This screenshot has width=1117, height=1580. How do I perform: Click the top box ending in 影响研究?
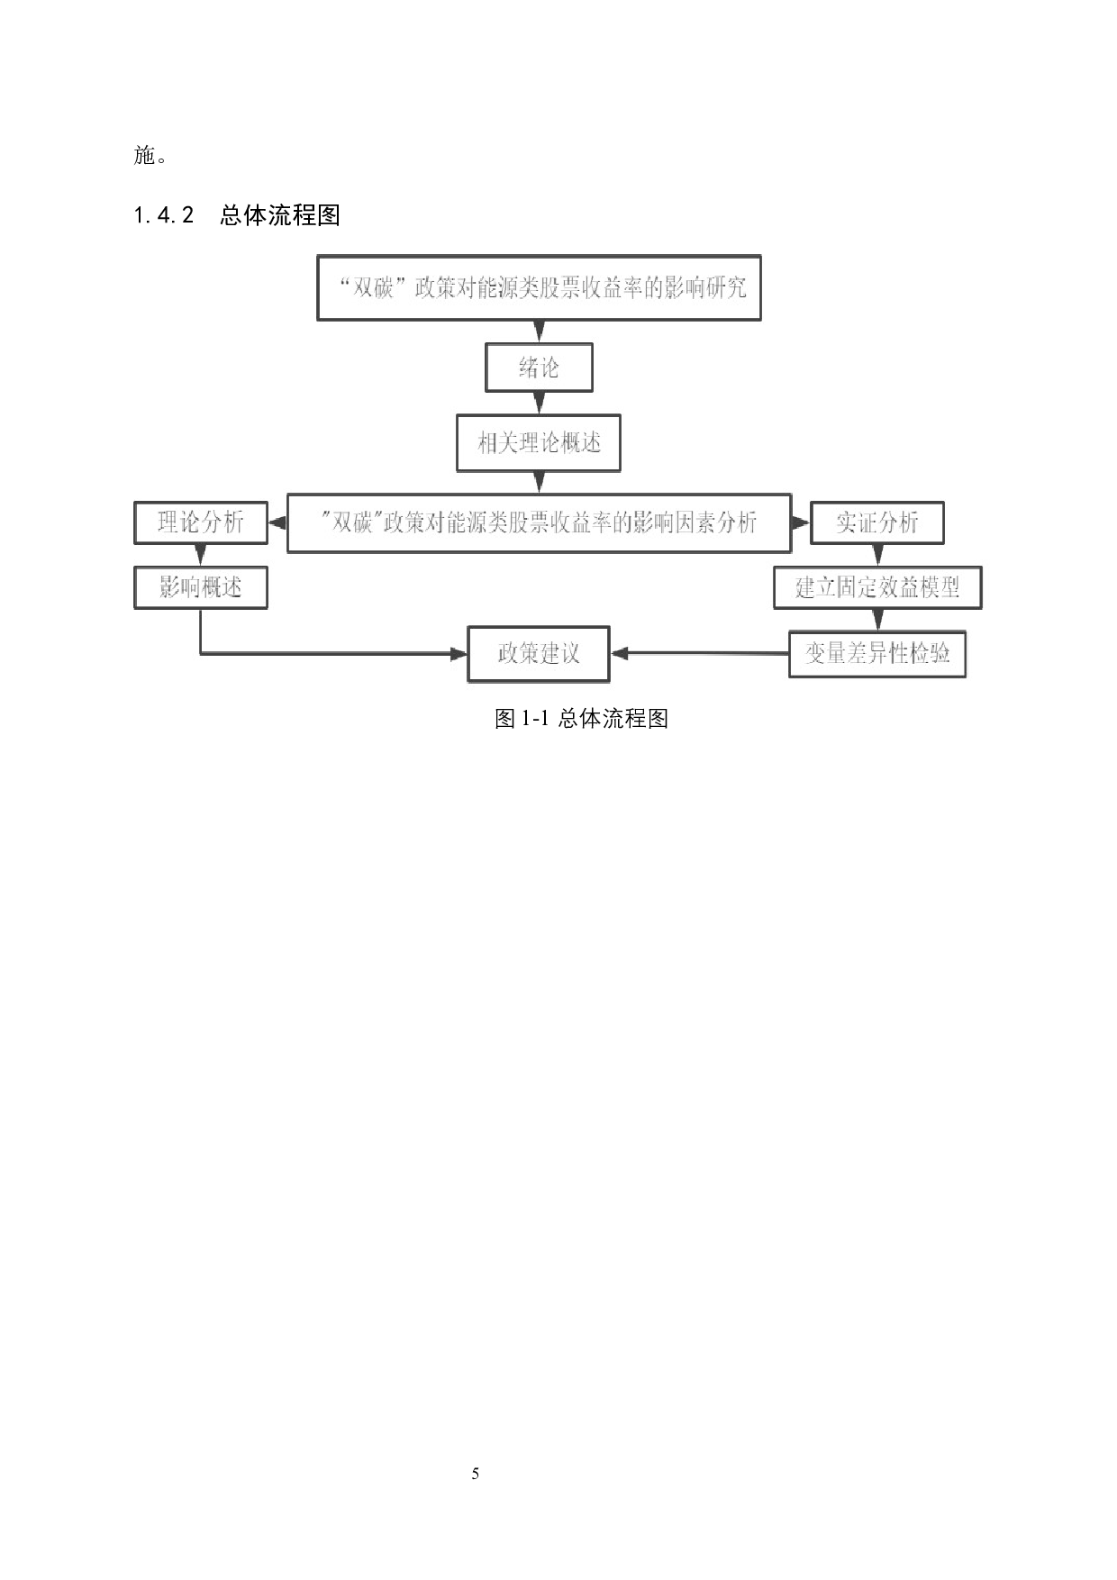tap(539, 288)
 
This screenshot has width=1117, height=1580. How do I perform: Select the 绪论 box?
tap(539, 368)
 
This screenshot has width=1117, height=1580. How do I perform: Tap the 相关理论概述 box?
tap(539, 442)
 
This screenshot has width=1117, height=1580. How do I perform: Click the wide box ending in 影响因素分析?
tap(539, 522)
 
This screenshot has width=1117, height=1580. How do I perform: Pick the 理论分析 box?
tap(200, 522)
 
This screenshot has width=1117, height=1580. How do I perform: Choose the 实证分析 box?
tap(876, 522)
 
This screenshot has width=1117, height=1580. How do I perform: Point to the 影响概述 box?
tap(200, 587)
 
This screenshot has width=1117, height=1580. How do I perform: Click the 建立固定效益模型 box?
tap(876, 587)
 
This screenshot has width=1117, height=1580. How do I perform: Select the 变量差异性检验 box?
tap(876, 653)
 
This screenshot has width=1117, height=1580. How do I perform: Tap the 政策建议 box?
tap(539, 653)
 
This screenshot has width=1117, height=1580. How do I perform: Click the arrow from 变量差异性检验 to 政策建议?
tap(699, 653)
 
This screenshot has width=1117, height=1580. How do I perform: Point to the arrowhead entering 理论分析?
tap(276, 522)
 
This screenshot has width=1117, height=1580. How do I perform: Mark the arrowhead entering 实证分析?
tap(801, 522)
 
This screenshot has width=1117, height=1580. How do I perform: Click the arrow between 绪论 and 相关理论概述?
tap(539, 404)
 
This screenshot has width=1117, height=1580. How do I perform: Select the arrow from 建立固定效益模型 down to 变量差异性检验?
tap(877, 620)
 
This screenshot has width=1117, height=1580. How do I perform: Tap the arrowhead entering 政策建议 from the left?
tap(459, 654)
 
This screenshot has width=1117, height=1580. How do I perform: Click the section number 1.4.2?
tap(163, 215)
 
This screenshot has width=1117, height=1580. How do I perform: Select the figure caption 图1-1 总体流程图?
tap(581, 719)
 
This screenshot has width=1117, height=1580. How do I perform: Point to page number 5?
tap(475, 1474)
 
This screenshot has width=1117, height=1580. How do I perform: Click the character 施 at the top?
tap(145, 155)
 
